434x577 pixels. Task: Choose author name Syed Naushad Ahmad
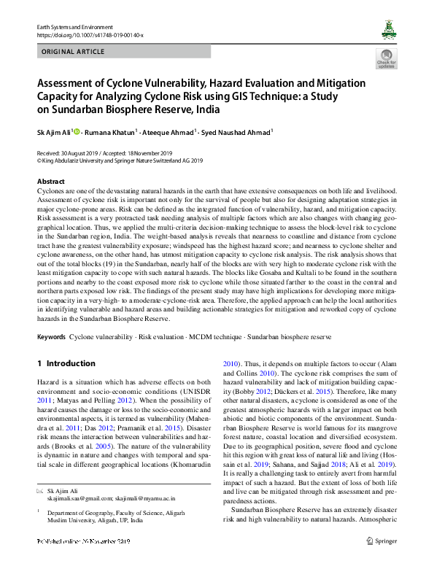[238, 133]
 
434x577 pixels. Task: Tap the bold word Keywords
[51, 338]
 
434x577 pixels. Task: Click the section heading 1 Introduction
[66, 363]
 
